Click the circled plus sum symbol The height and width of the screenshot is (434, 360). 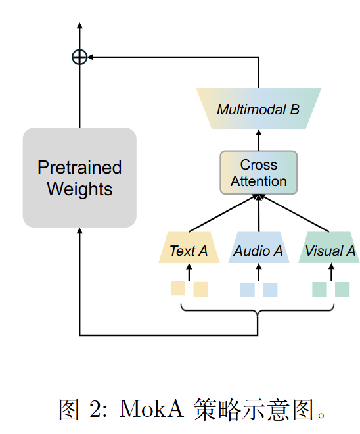tap(79, 57)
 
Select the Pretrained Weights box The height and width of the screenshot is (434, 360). tap(79, 178)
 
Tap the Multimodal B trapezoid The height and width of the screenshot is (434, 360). tap(259, 108)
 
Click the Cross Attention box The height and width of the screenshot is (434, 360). tap(259, 173)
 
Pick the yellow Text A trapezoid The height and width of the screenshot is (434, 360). tap(189, 247)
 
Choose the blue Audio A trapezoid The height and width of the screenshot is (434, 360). tap(259, 247)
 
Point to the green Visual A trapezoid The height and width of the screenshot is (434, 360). tap(329, 247)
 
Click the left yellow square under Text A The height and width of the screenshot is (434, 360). tap(178, 288)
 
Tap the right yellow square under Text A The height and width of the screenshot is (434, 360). tap(201, 289)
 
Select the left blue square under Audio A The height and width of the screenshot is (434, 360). tap(248, 290)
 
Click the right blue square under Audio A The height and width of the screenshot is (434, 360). tap(270, 290)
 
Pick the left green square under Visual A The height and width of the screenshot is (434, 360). tap(320, 289)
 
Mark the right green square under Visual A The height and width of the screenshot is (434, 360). tap(342, 289)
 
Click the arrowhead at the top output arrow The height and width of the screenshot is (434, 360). tap(79, 26)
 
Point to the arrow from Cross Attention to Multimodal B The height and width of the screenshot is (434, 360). tap(259, 140)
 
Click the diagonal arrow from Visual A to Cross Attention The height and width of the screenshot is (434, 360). tap(295, 213)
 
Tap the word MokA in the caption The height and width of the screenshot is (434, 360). tap(151, 409)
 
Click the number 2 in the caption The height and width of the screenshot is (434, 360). tap(96, 409)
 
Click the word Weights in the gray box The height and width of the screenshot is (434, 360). tap(79, 189)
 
